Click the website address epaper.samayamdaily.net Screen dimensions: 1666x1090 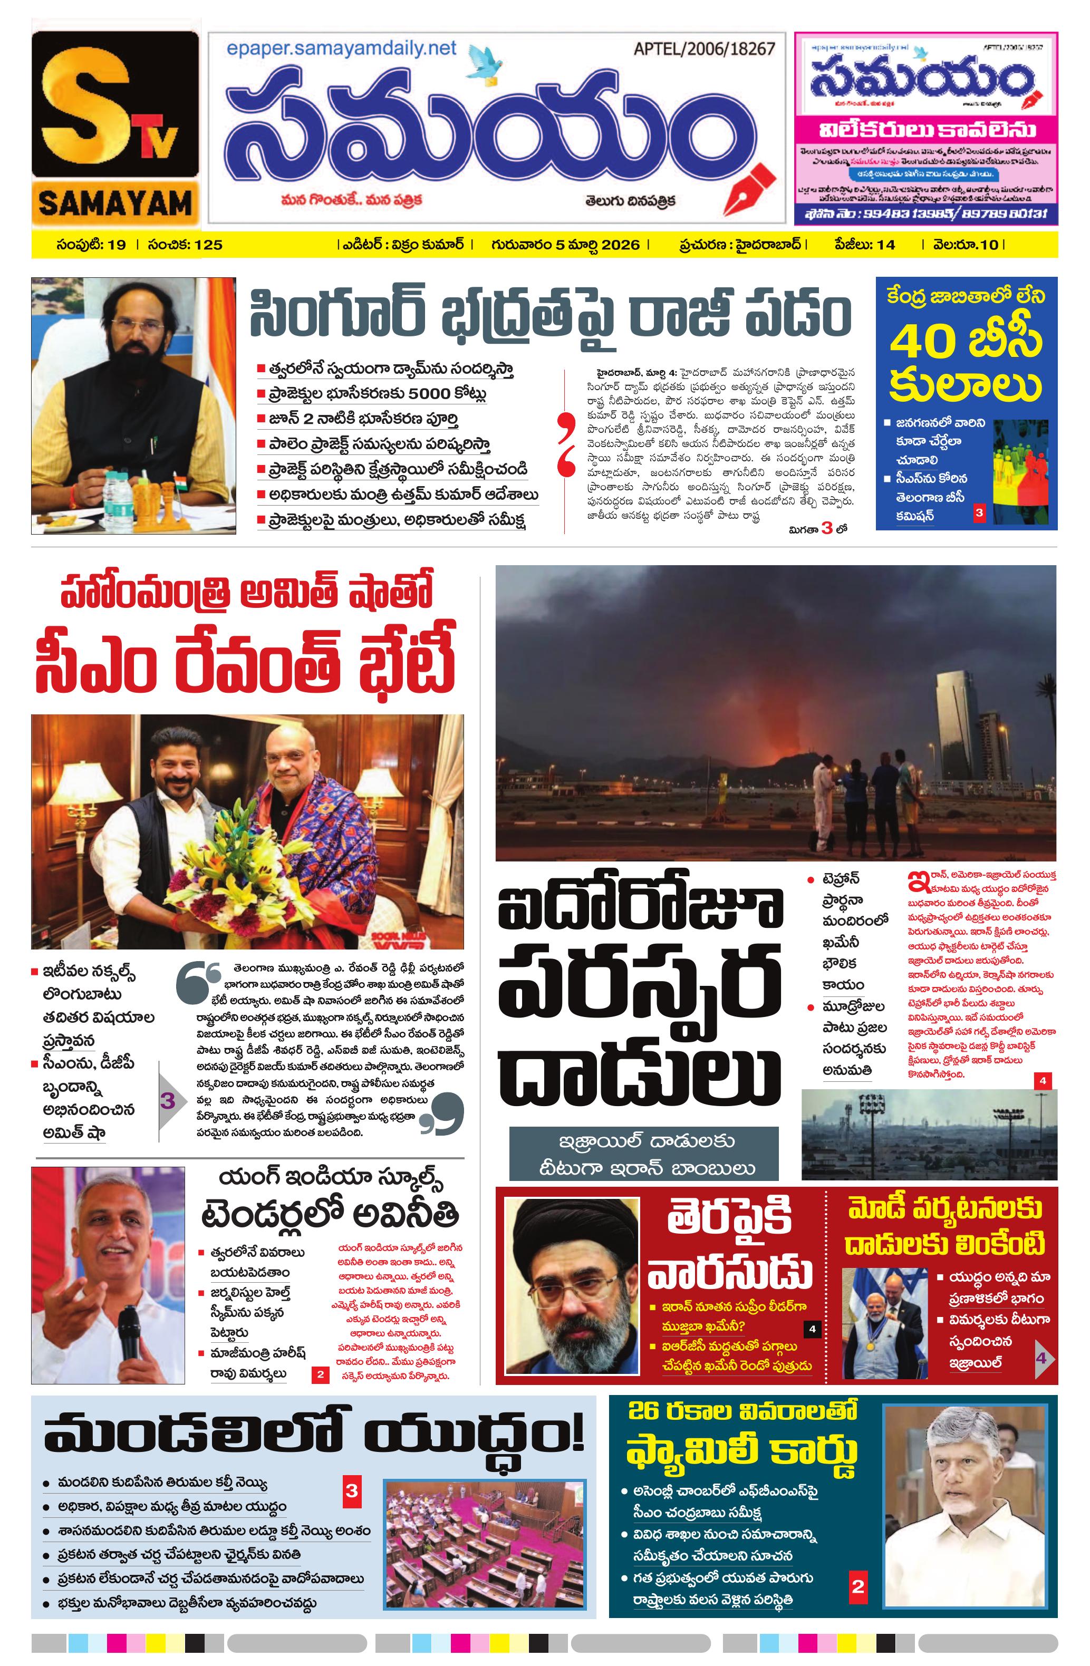(x=341, y=49)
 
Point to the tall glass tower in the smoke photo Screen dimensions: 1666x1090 (x=959, y=724)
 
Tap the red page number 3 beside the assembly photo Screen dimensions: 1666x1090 (x=351, y=1490)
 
